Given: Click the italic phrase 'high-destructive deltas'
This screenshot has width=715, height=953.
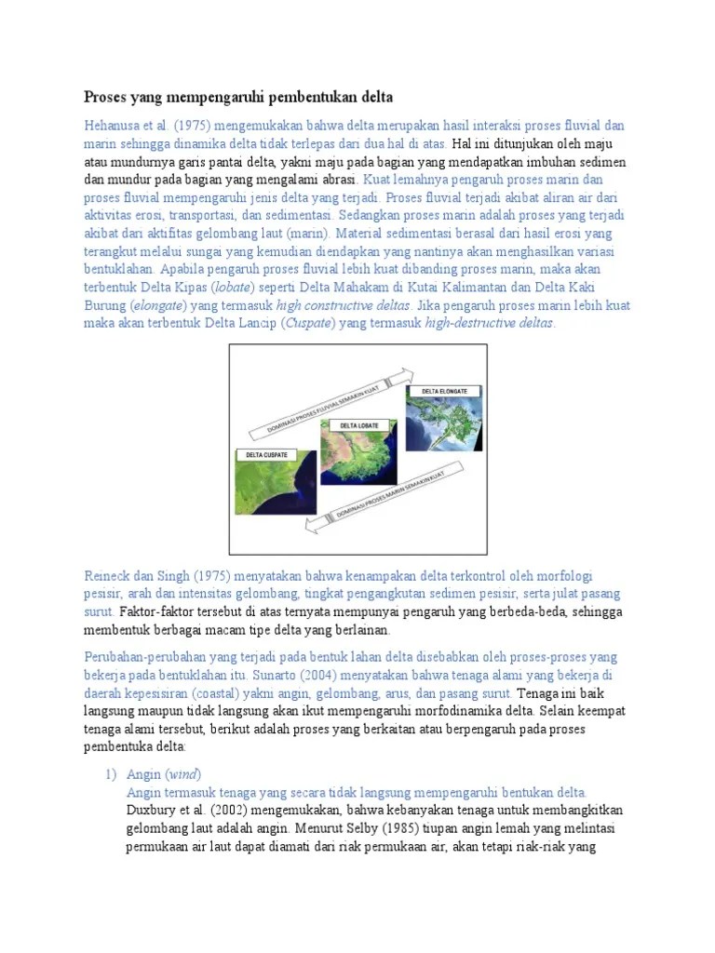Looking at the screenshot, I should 489,324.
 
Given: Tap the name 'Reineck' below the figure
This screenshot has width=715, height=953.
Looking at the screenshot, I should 112,576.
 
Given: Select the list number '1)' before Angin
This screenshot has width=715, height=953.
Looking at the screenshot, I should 109,774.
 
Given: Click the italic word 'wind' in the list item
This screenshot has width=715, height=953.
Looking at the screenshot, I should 183,774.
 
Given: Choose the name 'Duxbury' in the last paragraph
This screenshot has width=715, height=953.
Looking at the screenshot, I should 153,810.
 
